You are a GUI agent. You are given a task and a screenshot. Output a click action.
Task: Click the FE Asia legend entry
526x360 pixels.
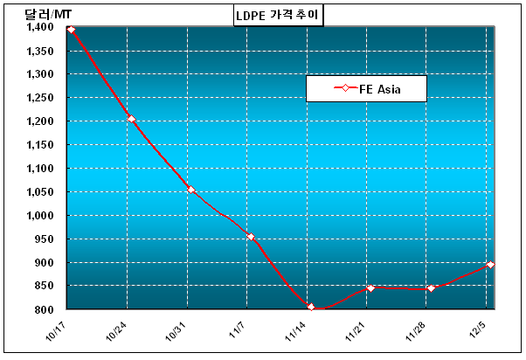pyautogui.click(x=366, y=88)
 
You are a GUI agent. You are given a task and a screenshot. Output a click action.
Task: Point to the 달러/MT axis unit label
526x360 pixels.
pyautogui.click(x=43, y=11)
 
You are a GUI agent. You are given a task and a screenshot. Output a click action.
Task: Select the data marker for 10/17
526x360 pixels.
pyautogui.click(x=71, y=30)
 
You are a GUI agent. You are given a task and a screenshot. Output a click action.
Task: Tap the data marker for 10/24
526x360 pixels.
pyautogui.click(x=131, y=119)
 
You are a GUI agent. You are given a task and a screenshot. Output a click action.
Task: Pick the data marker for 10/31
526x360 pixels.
pyautogui.click(x=190, y=190)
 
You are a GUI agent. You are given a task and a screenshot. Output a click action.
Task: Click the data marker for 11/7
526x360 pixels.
pyautogui.click(x=251, y=237)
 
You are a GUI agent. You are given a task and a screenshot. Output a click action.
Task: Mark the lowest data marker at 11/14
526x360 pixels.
pyautogui.click(x=311, y=307)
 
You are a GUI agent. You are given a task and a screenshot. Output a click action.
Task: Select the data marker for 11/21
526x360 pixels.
pyautogui.click(x=370, y=288)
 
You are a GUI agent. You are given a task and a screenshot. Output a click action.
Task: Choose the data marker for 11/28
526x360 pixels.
pyautogui.click(x=431, y=288)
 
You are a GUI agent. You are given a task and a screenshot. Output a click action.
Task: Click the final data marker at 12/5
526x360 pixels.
pyautogui.click(x=490, y=265)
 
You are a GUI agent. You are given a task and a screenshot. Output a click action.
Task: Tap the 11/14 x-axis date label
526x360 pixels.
pyautogui.click(x=297, y=330)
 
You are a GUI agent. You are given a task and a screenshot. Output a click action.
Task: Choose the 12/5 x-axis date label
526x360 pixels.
pyautogui.click(x=480, y=329)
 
